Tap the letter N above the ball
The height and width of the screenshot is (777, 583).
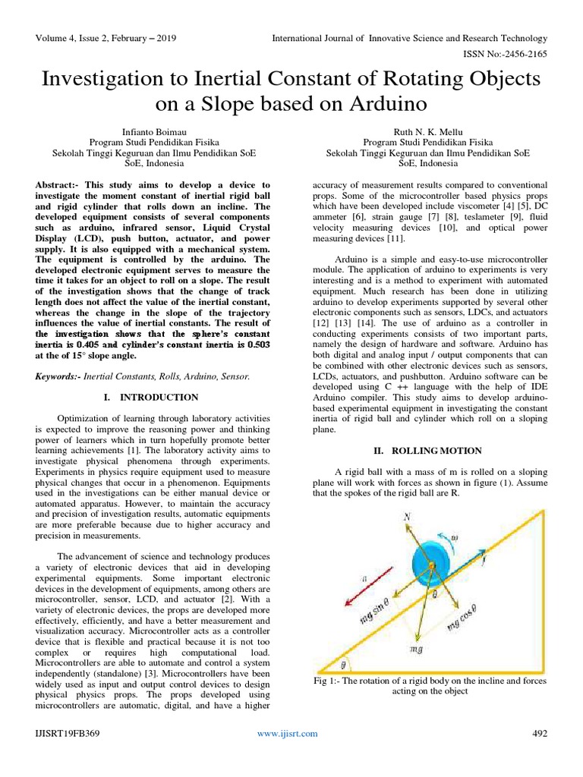(x=406, y=517)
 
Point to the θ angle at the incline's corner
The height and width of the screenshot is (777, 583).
(x=343, y=664)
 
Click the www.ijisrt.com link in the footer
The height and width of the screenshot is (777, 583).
(x=287, y=733)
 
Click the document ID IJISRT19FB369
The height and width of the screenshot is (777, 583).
(x=68, y=733)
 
